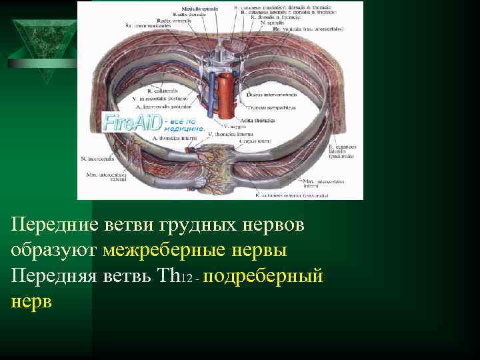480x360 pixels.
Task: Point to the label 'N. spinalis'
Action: (x=271, y=23)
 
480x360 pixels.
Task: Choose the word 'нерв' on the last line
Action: (x=31, y=301)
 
